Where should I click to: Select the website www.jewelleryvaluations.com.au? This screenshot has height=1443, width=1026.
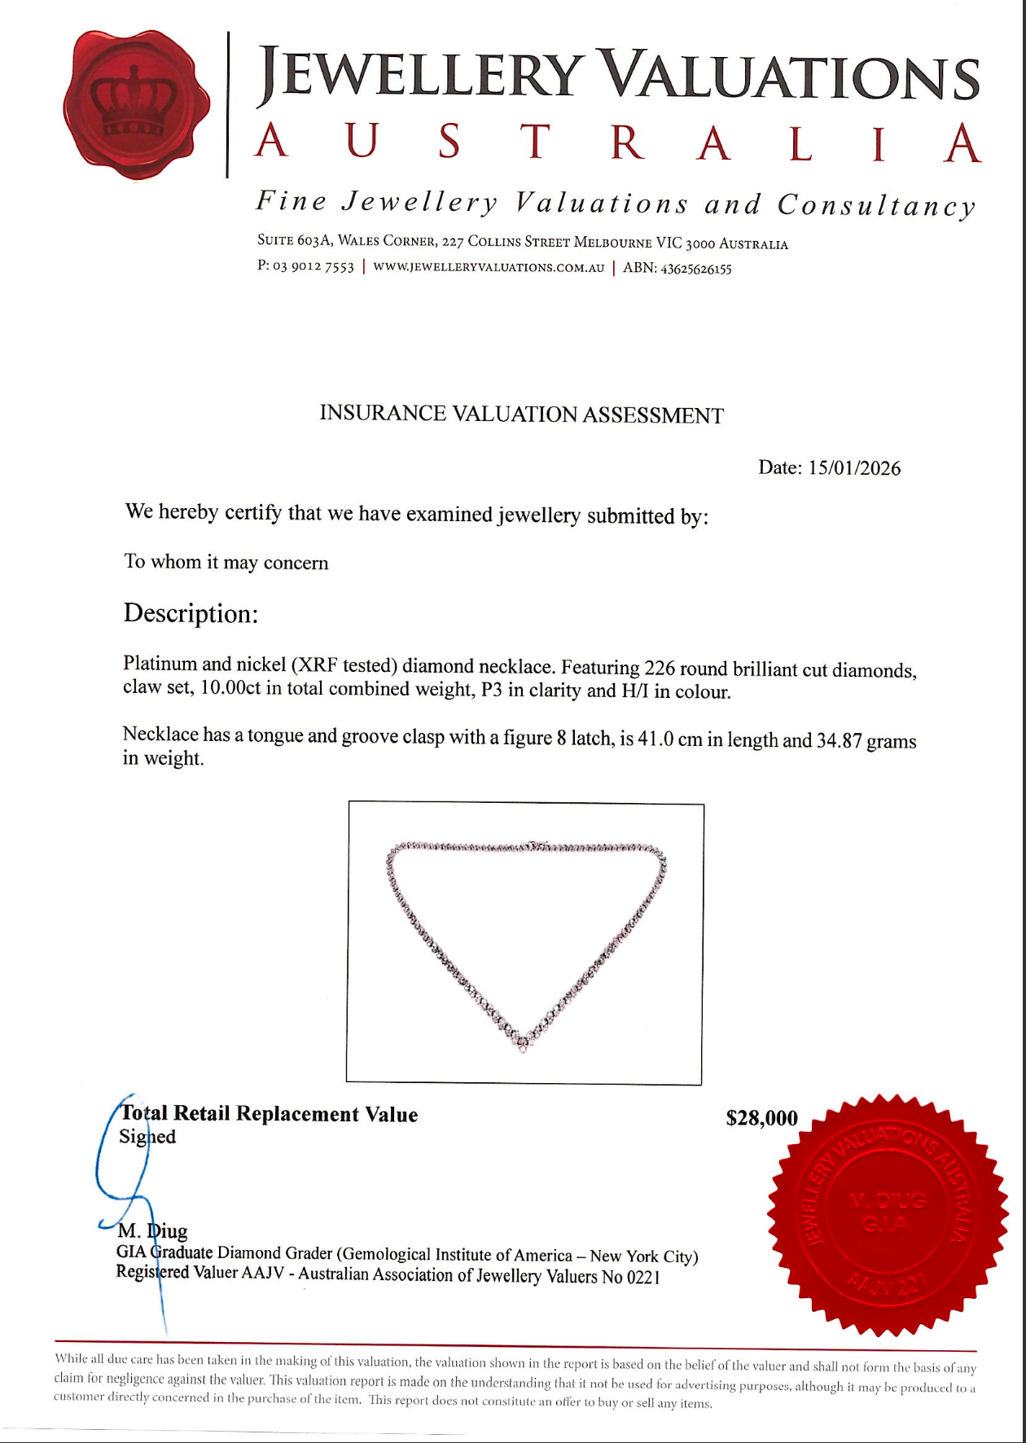click(489, 268)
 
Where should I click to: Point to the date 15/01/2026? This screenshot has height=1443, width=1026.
click(854, 468)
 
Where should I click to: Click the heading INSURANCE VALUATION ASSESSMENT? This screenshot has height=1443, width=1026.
click(521, 414)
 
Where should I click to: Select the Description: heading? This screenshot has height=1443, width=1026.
click(191, 613)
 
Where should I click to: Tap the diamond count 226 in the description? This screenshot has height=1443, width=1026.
click(660, 669)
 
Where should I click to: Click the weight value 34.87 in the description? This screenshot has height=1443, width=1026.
click(839, 741)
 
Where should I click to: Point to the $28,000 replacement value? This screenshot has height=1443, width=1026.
click(761, 1118)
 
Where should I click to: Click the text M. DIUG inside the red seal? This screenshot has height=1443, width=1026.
click(888, 1200)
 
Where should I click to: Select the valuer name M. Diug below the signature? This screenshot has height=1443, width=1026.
click(152, 1230)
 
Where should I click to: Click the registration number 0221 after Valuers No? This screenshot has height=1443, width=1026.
click(642, 1278)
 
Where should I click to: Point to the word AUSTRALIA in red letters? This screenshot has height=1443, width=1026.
click(617, 143)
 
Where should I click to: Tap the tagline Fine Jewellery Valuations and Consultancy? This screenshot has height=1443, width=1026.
click(616, 204)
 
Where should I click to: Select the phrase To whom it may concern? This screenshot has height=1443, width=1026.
click(226, 563)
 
